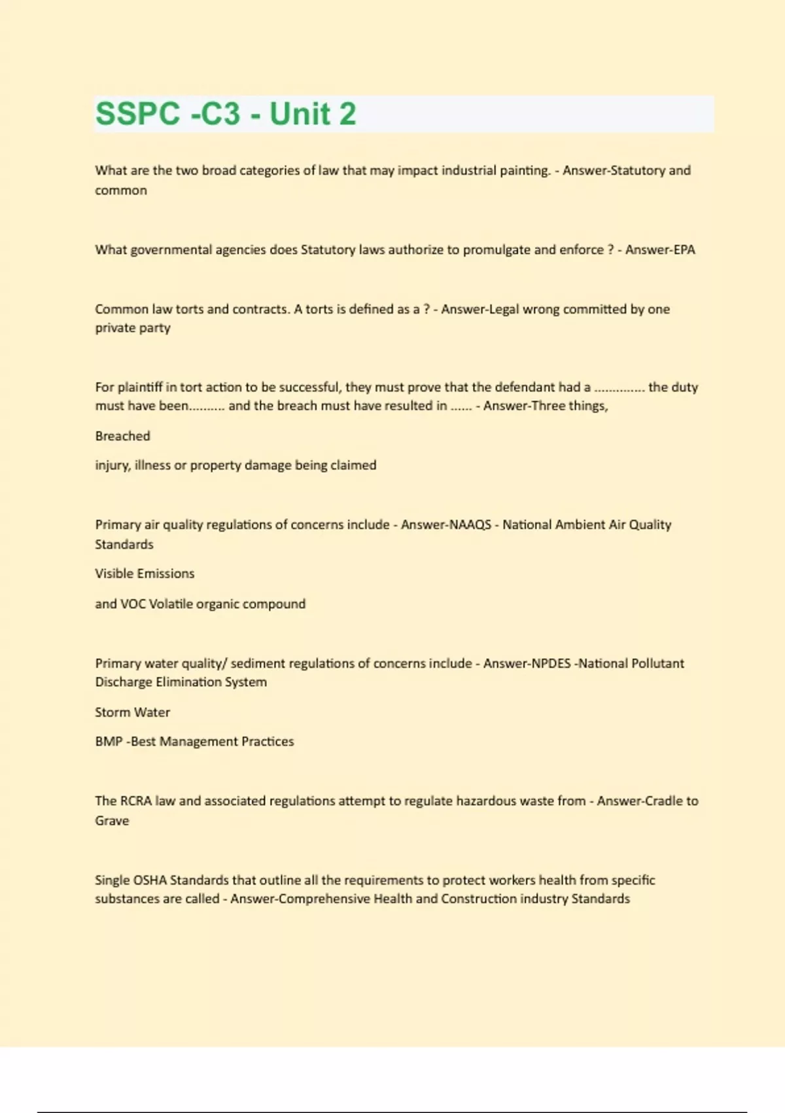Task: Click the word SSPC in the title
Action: click(137, 114)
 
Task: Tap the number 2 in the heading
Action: click(347, 114)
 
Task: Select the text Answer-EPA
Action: click(660, 249)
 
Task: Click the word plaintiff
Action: click(141, 387)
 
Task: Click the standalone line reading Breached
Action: click(122, 436)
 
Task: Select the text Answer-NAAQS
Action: click(446, 524)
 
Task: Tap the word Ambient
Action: click(580, 524)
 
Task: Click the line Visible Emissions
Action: click(145, 574)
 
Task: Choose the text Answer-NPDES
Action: click(527, 663)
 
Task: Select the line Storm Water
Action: click(132, 712)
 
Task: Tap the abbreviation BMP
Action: click(109, 742)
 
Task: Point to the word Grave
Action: click(112, 821)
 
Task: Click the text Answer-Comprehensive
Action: click(300, 899)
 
